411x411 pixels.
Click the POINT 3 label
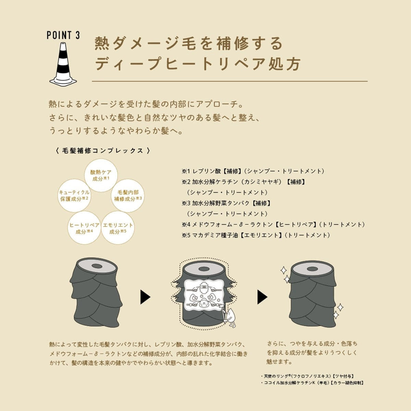tap(63, 35)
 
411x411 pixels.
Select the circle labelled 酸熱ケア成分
tap(101, 175)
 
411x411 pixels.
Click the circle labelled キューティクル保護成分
tap(74, 196)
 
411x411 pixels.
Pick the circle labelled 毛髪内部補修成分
tap(128, 196)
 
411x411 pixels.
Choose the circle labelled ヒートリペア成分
tap(84, 228)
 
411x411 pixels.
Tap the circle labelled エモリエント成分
tap(118, 228)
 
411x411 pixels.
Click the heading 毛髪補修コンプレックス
tap(103, 151)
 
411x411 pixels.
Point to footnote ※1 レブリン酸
tap(253, 171)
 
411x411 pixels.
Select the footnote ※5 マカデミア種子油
tap(256, 235)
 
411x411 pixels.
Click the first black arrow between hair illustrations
tap(146, 297)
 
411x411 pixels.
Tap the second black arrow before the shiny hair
tap(262, 297)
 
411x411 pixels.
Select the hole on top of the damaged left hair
tap(96, 266)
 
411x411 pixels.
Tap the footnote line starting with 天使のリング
tap(307, 376)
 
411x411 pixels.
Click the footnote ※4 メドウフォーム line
tap(273, 225)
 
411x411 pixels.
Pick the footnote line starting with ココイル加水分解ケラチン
tap(312, 383)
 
